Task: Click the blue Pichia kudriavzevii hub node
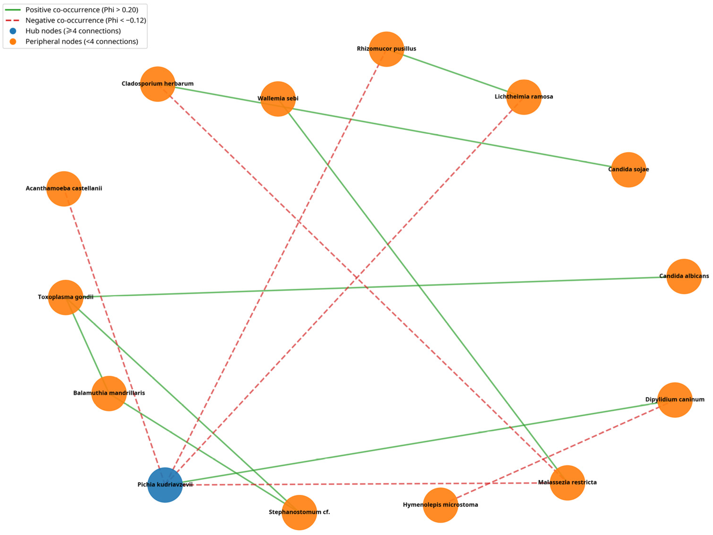point(165,485)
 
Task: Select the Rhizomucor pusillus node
point(386,49)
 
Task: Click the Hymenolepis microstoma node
point(440,505)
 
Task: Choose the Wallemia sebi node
point(278,99)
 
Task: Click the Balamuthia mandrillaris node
point(109,393)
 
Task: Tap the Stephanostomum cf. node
point(299,512)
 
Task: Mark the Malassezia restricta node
point(567,483)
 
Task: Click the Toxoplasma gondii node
point(66,297)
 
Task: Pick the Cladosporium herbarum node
point(158,84)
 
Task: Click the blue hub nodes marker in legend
point(13,31)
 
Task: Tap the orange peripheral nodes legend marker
point(13,42)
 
